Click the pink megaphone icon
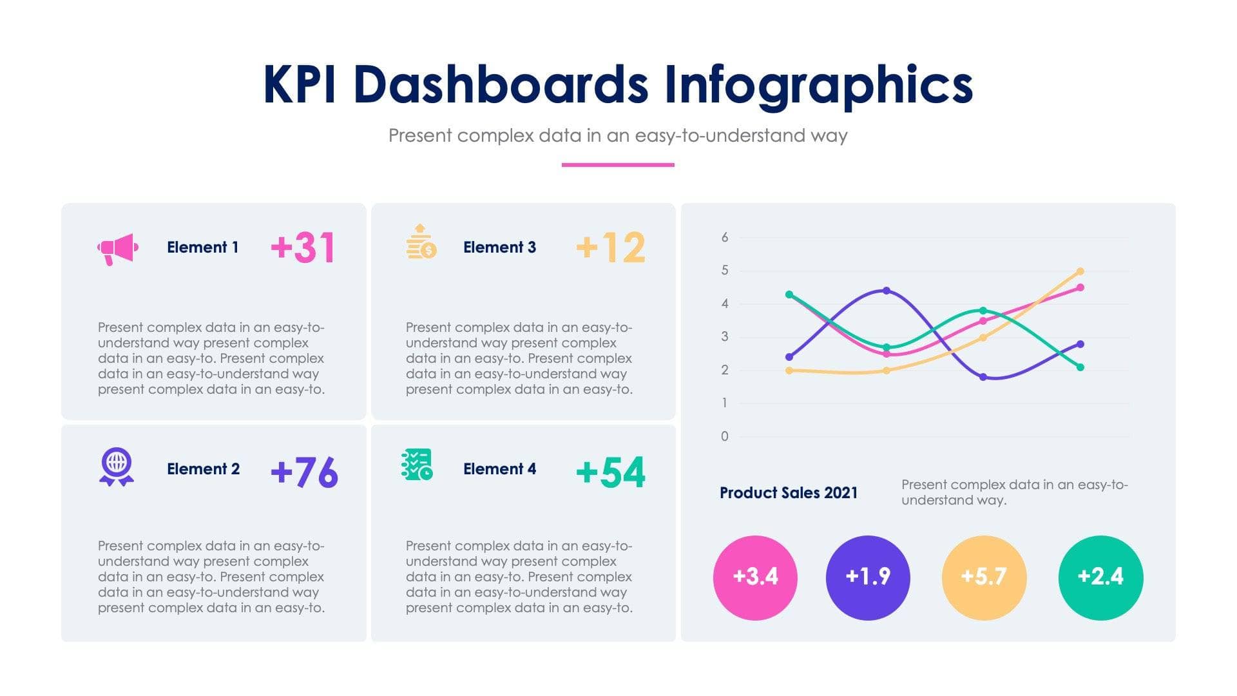(x=118, y=249)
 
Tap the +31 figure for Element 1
(x=303, y=247)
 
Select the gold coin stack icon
(x=421, y=242)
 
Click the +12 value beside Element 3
(x=610, y=247)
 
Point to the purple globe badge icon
(x=117, y=467)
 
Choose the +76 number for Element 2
(x=304, y=472)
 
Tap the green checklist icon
(x=417, y=465)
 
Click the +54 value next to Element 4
(x=610, y=472)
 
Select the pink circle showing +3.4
(x=755, y=577)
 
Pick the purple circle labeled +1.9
(x=868, y=577)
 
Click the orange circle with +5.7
(x=984, y=577)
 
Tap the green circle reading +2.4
(x=1100, y=577)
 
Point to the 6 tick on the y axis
(x=725, y=238)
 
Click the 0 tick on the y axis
(x=725, y=436)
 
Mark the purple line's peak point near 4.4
(x=887, y=291)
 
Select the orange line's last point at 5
(x=1080, y=271)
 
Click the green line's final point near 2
(x=1080, y=367)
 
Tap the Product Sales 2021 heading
(x=789, y=493)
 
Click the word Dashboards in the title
(x=501, y=85)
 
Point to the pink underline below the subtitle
(x=618, y=165)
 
